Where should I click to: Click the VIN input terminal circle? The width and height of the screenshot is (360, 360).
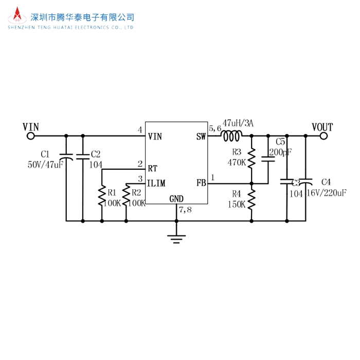[x=30, y=136]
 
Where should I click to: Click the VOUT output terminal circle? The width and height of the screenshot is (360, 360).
[x=324, y=136]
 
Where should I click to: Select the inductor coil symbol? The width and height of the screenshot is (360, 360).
[x=232, y=136]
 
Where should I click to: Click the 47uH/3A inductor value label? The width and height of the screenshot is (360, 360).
[x=238, y=123]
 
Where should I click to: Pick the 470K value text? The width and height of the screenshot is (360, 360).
[x=237, y=162]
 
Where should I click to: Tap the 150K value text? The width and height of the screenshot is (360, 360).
[x=237, y=204]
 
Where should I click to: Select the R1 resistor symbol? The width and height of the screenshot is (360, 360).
[x=102, y=196]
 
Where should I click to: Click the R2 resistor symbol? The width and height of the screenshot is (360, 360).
[x=127, y=196]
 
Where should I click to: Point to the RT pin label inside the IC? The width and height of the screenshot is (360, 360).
[x=153, y=168]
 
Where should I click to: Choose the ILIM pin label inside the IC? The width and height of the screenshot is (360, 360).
[x=156, y=183]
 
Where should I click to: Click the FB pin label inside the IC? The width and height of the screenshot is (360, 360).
[x=201, y=183]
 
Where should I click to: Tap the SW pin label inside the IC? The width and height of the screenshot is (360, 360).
[x=201, y=137]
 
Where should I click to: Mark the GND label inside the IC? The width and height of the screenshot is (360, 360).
[x=176, y=199]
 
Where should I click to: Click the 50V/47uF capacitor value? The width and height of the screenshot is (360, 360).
[x=45, y=165]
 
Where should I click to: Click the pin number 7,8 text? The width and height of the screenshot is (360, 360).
[x=185, y=210]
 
